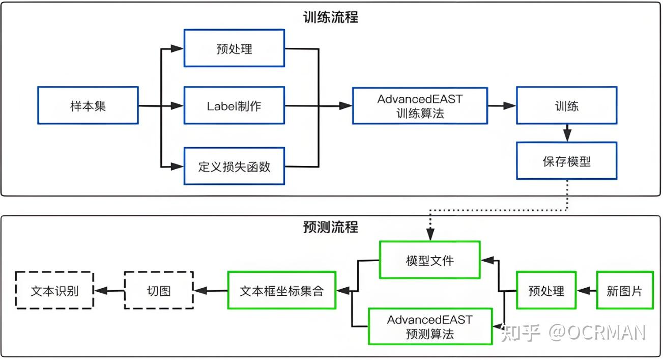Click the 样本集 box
point(88,105)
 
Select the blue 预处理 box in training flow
point(234,48)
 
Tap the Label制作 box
point(234,105)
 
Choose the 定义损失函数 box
point(234,166)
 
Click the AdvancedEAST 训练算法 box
point(420,105)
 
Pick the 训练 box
point(566,105)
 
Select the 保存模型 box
point(566,161)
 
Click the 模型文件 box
point(430,260)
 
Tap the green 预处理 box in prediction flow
point(546,291)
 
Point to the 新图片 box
point(624,291)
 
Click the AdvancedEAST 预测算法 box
point(430,326)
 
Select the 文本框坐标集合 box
point(281,291)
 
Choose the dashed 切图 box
point(159,291)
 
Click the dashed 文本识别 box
point(54,291)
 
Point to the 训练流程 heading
point(331,17)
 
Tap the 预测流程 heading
point(331,227)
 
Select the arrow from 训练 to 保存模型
point(567,133)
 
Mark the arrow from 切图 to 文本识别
point(109,291)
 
